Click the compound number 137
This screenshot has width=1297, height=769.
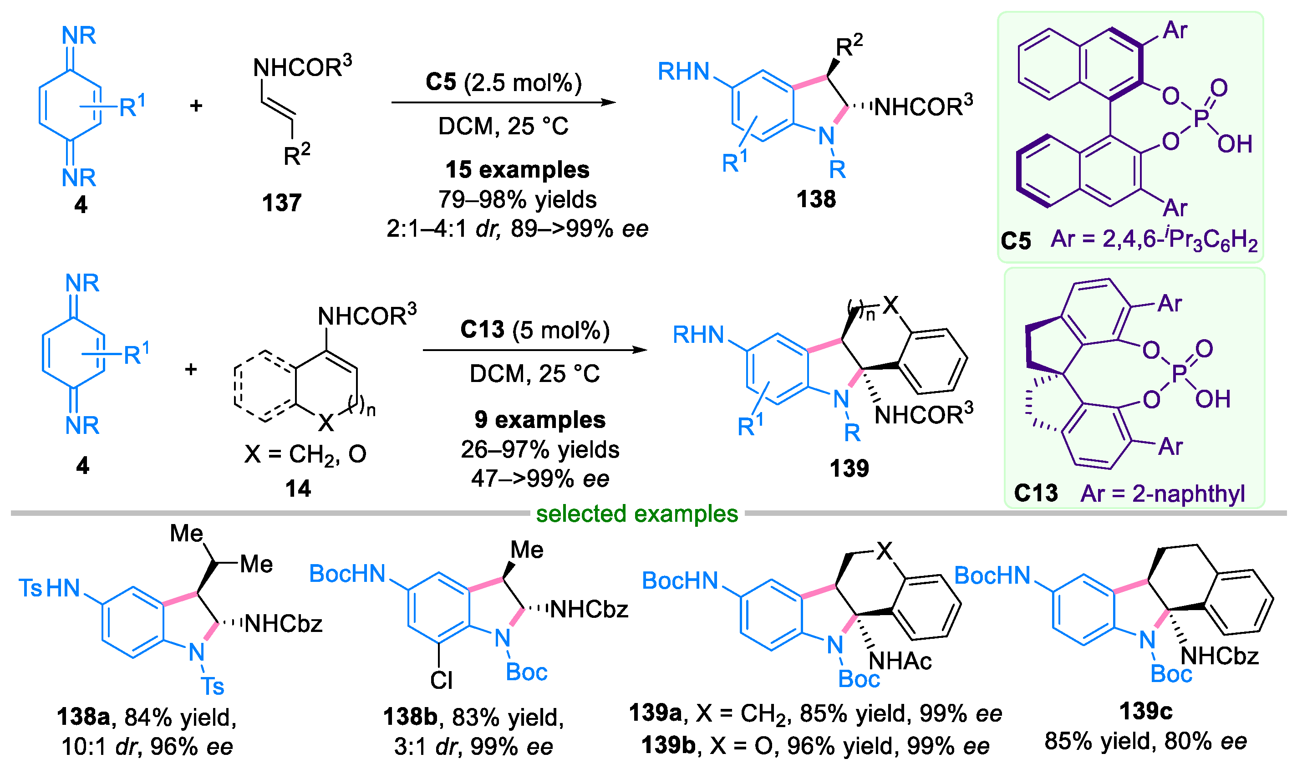pos(282,203)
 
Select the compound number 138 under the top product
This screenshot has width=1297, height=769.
pos(816,199)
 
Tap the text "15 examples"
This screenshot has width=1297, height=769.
pos(518,170)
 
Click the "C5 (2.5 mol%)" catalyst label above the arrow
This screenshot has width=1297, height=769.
pos(504,82)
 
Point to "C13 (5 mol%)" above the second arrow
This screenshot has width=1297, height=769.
pos(534,330)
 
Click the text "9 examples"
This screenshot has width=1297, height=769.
pos(540,420)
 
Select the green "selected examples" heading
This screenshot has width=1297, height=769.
pos(636,514)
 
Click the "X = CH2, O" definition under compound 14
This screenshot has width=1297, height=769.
pos(305,454)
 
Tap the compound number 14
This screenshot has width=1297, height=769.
pos(298,489)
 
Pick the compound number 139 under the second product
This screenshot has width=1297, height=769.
pos(849,469)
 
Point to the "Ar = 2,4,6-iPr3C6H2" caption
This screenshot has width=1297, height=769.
pos(1154,240)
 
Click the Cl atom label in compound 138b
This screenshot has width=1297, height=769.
pos(441,680)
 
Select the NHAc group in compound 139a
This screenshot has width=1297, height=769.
pos(900,661)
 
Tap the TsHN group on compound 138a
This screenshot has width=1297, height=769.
pos(50,588)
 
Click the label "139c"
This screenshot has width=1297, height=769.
pos(1146,711)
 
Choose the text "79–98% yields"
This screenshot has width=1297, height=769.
pos(518,199)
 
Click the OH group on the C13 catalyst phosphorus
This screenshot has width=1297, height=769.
pos(1213,399)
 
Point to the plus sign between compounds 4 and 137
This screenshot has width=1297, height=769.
pos(196,106)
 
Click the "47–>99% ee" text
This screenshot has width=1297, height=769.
pos(540,479)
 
